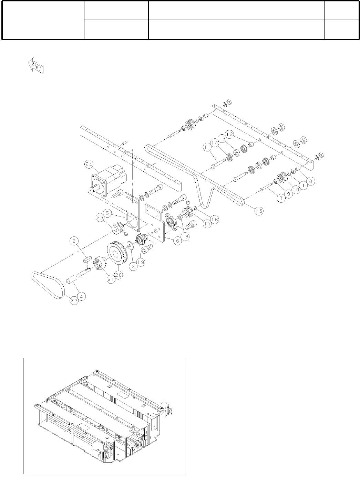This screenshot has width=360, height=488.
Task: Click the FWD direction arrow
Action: pyautogui.click(x=35, y=65)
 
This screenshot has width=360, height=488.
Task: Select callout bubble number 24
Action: pyautogui.click(x=89, y=165)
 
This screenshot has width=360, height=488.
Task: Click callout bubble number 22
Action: pyautogui.click(x=74, y=300)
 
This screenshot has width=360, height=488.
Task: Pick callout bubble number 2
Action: pyautogui.click(x=74, y=241)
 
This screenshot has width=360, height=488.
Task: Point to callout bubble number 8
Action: pyautogui.click(x=310, y=181)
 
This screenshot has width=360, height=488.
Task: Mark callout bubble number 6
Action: pyautogui.click(x=178, y=241)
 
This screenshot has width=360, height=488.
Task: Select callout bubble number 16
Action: pyautogui.click(x=215, y=219)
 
